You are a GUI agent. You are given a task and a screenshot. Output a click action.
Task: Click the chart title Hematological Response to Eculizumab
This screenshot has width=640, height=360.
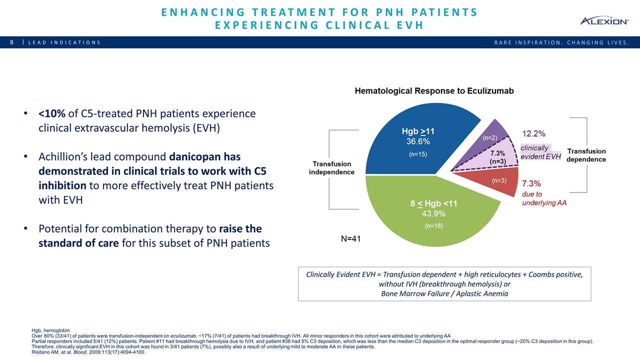coord(434,91)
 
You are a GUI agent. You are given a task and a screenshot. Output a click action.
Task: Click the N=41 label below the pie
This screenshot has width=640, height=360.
coord(350,239)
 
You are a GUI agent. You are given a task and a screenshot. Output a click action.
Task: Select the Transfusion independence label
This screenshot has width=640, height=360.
coord(332,168)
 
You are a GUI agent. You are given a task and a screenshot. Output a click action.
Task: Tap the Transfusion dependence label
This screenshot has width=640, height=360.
coord(586,155)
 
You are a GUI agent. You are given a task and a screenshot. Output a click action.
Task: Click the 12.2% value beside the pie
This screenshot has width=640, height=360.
coord(534,133)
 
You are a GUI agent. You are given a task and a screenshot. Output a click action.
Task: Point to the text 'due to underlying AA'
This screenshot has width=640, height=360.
coord(544,198)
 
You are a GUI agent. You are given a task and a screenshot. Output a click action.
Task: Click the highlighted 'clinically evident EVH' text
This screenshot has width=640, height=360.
coord(540,152)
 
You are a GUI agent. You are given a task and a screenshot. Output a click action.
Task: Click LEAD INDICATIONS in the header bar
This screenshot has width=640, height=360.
coord(64,42)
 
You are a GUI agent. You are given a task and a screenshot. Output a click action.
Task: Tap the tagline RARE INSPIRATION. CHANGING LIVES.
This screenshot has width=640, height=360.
coord(561,42)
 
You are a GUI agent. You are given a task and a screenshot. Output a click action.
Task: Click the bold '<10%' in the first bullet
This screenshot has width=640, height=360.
coord(52,114)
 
